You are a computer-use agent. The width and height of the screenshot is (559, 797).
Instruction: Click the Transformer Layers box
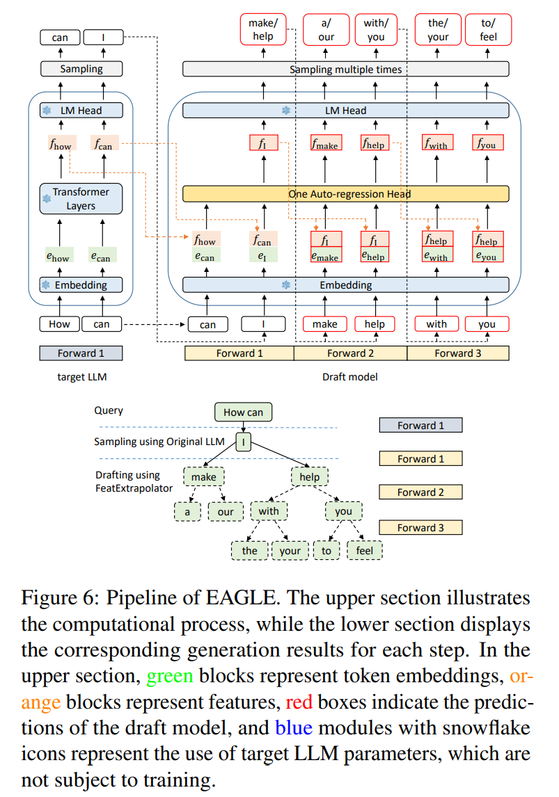[x=81, y=199]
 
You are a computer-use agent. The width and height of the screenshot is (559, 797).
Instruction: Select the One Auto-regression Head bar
[x=345, y=194]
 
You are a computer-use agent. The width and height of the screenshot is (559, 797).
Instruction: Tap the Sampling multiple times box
[x=345, y=70]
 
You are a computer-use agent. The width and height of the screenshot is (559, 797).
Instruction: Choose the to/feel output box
[x=488, y=30]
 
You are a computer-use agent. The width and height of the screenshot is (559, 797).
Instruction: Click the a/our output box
[x=326, y=30]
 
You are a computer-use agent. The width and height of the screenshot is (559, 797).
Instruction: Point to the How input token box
[x=59, y=324]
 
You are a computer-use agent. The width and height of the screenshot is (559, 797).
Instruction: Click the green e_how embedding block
[x=58, y=257]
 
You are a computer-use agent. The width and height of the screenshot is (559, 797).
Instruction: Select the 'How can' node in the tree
[x=243, y=412]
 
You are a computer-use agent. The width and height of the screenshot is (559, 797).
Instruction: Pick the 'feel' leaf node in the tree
[x=364, y=551]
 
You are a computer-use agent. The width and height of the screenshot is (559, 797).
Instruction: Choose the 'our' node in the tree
[x=226, y=512]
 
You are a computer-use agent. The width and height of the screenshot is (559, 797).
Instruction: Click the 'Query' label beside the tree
[x=109, y=410]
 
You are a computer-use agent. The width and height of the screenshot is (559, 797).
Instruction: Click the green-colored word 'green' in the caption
[x=169, y=676]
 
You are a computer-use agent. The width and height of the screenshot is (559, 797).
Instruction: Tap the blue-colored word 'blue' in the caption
[x=297, y=728]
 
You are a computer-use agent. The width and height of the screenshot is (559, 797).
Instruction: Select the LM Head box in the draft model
[x=345, y=110]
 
